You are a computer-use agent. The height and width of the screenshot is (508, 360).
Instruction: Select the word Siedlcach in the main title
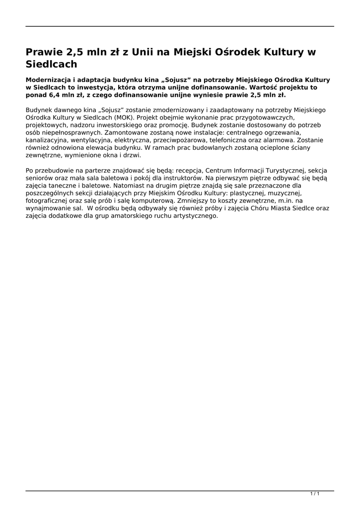pyautogui.click(x=52, y=64)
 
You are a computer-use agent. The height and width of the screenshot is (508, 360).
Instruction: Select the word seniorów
pyautogui.click(x=39, y=178)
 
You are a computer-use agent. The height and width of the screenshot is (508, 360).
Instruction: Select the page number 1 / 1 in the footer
pyautogui.click(x=314, y=494)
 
